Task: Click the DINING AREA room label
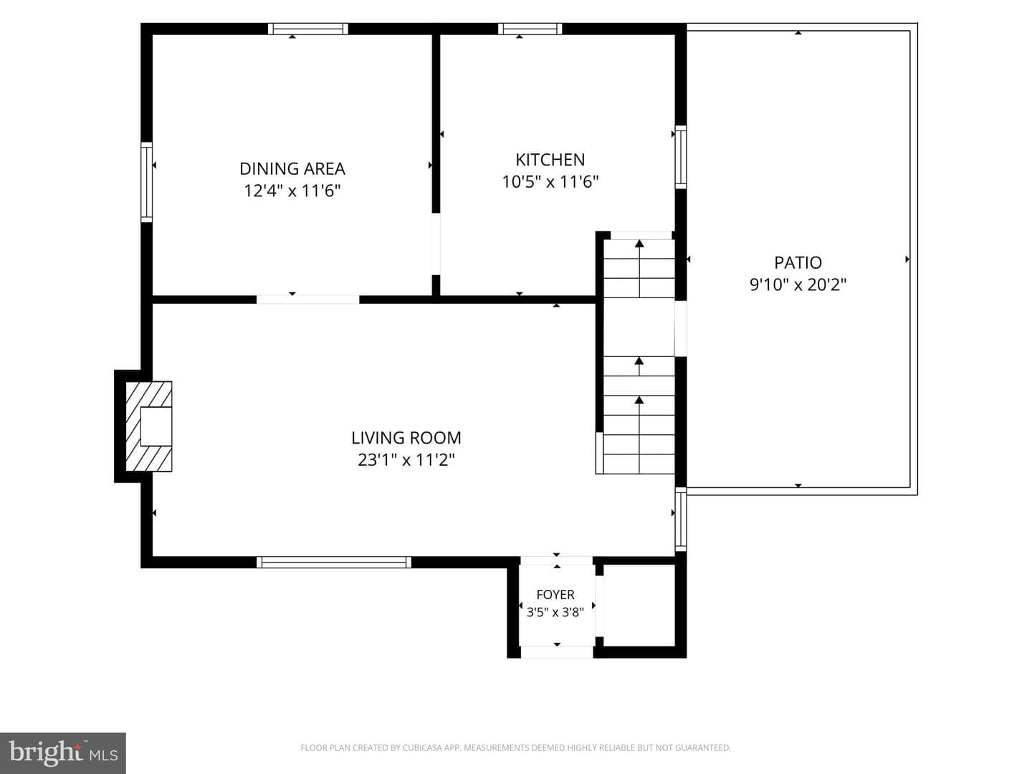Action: point(292,168)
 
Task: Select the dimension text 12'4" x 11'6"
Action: point(292,191)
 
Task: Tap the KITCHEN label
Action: point(550,160)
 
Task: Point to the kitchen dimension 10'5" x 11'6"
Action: point(550,181)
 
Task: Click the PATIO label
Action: point(798,262)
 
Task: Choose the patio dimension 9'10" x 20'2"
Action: point(798,285)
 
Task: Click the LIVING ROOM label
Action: point(406,437)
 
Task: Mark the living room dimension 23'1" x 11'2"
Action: point(406,459)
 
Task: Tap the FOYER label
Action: point(555,595)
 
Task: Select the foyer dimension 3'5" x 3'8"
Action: point(555,612)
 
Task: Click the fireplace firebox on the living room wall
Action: point(156,426)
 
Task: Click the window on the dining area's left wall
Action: point(147,182)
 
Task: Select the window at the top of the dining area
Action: point(308,29)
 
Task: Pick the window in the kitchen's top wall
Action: point(530,29)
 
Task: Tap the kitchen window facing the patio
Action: point(680,157)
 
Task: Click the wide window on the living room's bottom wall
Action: point(334,562)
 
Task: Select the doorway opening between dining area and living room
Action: point(308,300)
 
